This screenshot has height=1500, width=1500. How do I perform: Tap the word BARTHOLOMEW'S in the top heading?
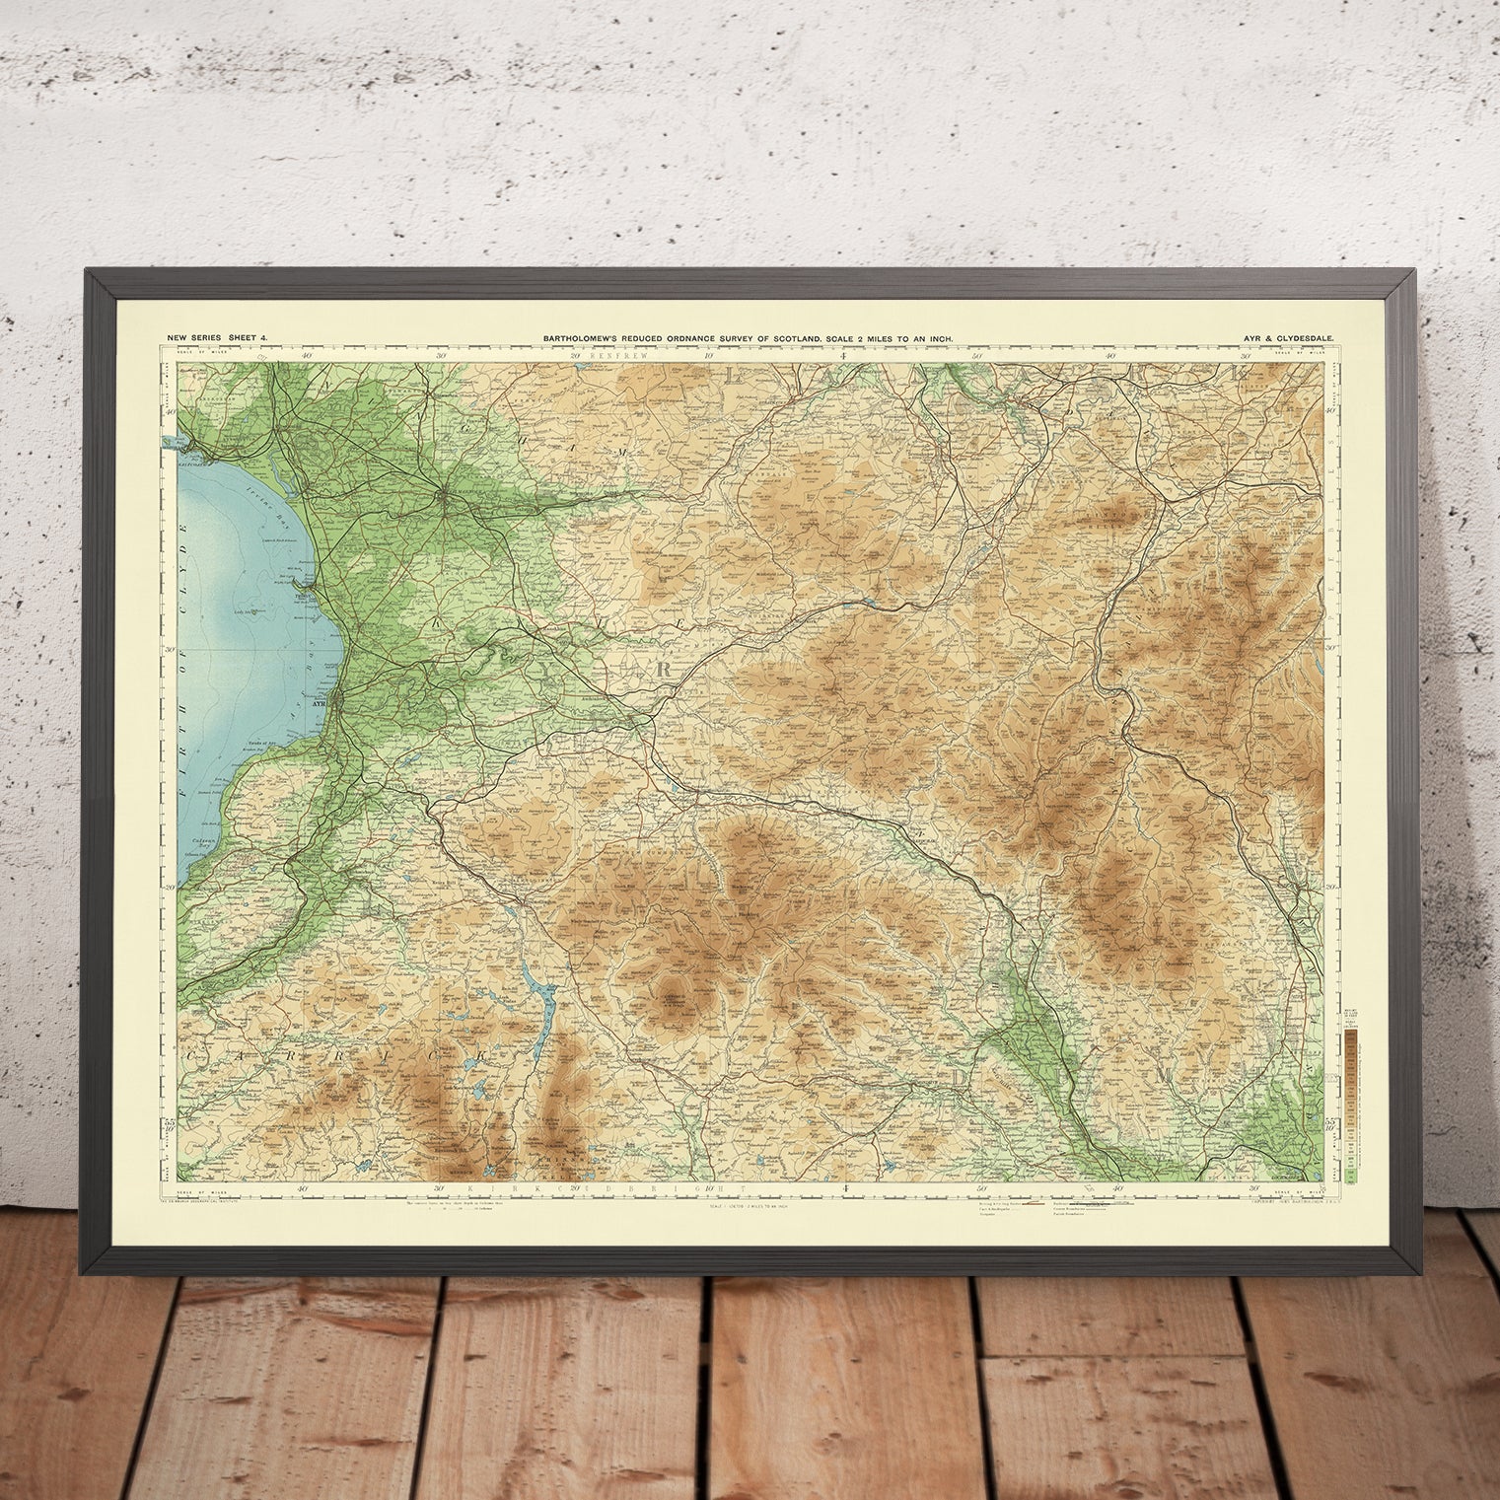[x=580, y=338]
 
